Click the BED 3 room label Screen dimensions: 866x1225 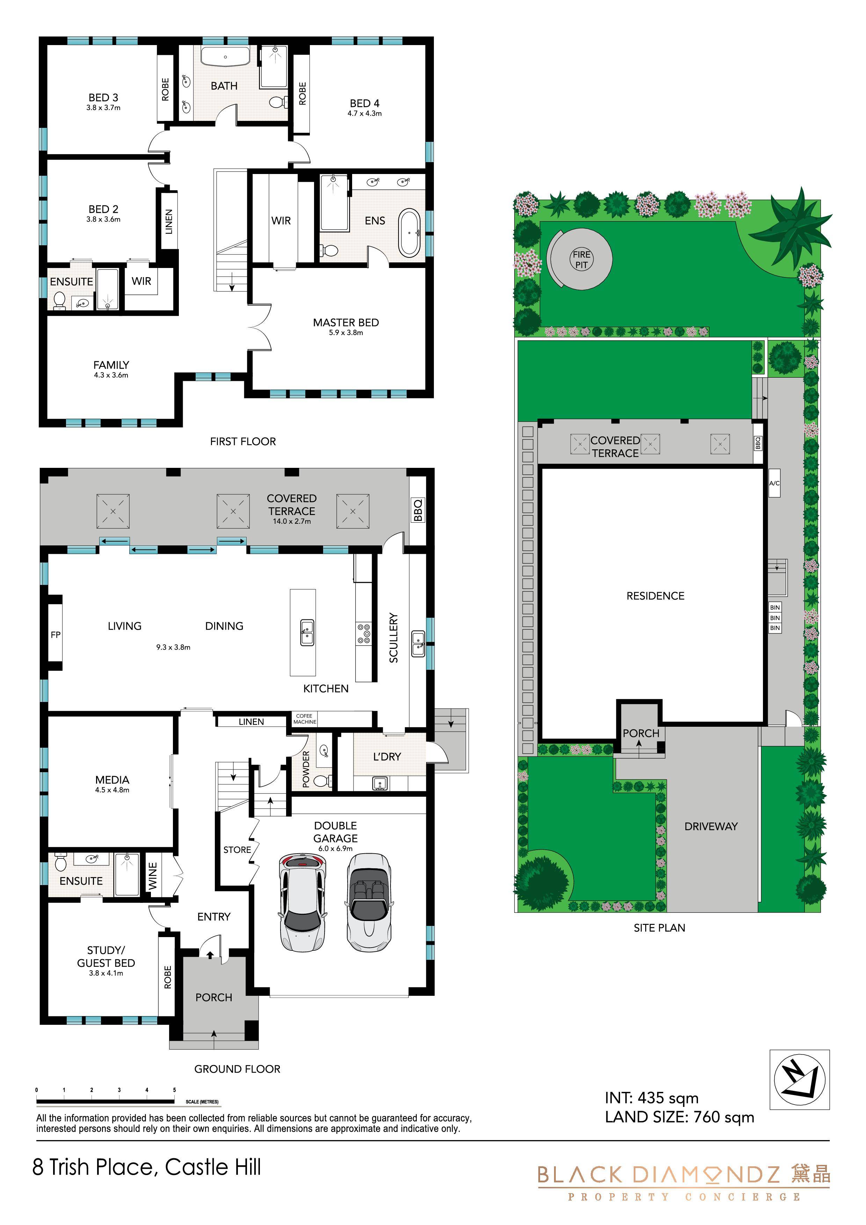tap(103, 97)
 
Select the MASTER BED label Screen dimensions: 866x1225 tap(346, 323)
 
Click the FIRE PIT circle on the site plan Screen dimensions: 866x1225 tap(581, 259)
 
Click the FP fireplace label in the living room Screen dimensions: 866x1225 tap(56, 635)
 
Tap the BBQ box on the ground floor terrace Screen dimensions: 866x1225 tap(418, 510)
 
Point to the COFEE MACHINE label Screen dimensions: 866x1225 tap(305, 719)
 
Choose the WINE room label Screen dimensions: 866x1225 tap(153, 876)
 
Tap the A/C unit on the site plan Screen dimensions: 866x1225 tap(774, 483)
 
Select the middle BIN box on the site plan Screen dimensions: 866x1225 tap(775, 618)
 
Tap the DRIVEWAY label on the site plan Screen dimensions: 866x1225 tap(711, 826)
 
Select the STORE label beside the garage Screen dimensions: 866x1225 tap(237, 850)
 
